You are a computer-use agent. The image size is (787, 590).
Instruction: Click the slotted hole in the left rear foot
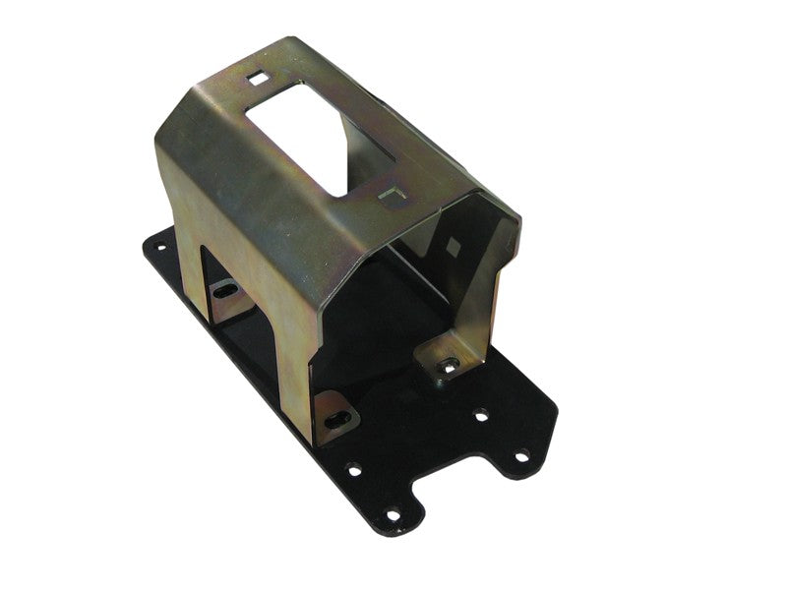225,290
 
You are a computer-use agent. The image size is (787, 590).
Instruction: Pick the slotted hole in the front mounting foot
335,414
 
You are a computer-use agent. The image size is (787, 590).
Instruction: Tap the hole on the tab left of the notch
393,514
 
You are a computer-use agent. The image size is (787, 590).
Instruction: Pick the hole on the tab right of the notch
522,455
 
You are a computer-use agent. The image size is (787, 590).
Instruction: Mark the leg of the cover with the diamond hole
472,295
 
